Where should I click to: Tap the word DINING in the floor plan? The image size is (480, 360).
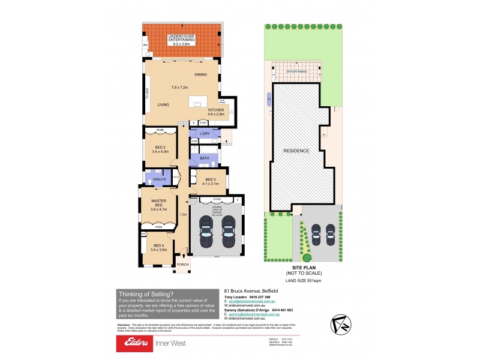point(200,74)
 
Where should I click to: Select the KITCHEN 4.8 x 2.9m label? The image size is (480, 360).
point(216,112)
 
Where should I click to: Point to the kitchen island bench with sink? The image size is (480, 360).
point(198,103)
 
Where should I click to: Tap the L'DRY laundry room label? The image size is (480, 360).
point(204,133)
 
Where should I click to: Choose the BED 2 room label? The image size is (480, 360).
point(159,149)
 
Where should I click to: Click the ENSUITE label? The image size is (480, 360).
point(160,178)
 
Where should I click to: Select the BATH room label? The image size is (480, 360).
point(205,158)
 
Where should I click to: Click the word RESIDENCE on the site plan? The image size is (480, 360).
point(296,151)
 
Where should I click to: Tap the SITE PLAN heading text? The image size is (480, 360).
point(301,268)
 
